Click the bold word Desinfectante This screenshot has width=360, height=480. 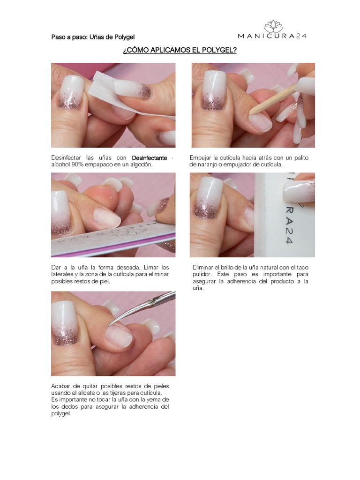(150, 158)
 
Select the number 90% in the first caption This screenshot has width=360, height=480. (75, 165)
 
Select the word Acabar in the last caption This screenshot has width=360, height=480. (60, 386)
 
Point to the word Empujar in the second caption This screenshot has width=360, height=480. (201, 158)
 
